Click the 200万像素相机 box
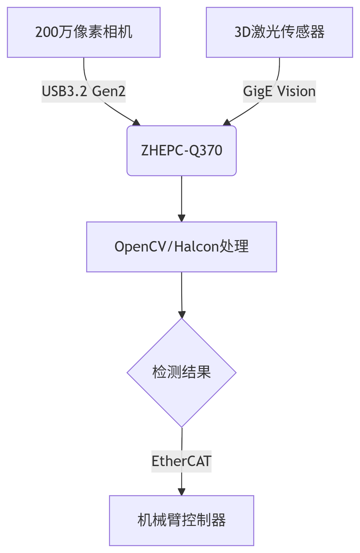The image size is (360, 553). (84, 32)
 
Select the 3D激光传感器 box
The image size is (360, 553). (279, 32)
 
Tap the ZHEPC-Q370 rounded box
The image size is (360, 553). (182, 151)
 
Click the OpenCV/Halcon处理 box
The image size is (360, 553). (182, 247)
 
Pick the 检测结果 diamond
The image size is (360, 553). (182, 373)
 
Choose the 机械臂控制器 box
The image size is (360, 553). (182, 521)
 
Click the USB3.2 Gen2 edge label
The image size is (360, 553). (84, 92)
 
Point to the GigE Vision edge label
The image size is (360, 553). (279, 92)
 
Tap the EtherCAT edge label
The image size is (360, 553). (181, 461)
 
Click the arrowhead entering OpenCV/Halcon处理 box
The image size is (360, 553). (182, 218)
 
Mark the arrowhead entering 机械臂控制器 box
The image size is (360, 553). (182, 492)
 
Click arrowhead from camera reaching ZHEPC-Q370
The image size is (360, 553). (136, 122)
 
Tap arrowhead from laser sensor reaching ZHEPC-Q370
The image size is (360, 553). (227, 122)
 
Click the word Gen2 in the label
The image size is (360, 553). (108, 92)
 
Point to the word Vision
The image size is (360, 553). (297, 92)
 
